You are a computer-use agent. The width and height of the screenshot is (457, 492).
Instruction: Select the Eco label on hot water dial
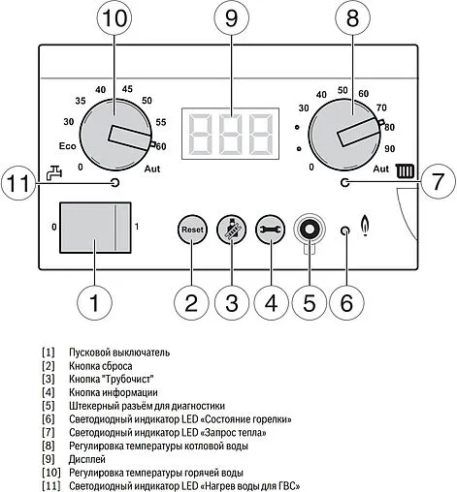click(66, 147)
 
